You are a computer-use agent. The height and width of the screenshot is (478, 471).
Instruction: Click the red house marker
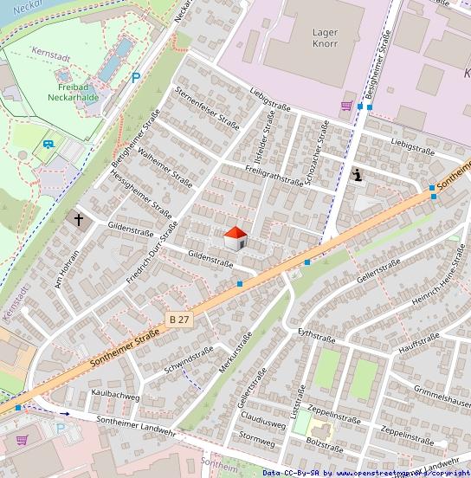pos(235,238)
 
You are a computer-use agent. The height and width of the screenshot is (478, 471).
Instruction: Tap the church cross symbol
pos(79,220)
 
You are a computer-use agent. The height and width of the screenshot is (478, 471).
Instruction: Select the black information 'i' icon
pos(358,176)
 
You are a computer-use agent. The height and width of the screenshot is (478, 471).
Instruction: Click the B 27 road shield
pos(179,320)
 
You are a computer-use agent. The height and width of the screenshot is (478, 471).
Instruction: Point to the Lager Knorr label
pos(326,38)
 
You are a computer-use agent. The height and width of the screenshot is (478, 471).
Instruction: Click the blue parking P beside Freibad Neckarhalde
pos(135,78)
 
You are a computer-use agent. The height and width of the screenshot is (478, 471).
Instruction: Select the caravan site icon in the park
pos(48,145)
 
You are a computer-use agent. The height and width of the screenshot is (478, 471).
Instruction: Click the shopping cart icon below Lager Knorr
pos(346,107)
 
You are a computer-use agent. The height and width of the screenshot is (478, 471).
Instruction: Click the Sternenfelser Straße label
pos(206,107)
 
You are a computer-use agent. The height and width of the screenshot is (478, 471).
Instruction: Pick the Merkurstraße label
pos(235,352)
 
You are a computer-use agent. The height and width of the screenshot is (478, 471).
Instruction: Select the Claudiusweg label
pos(262,424)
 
